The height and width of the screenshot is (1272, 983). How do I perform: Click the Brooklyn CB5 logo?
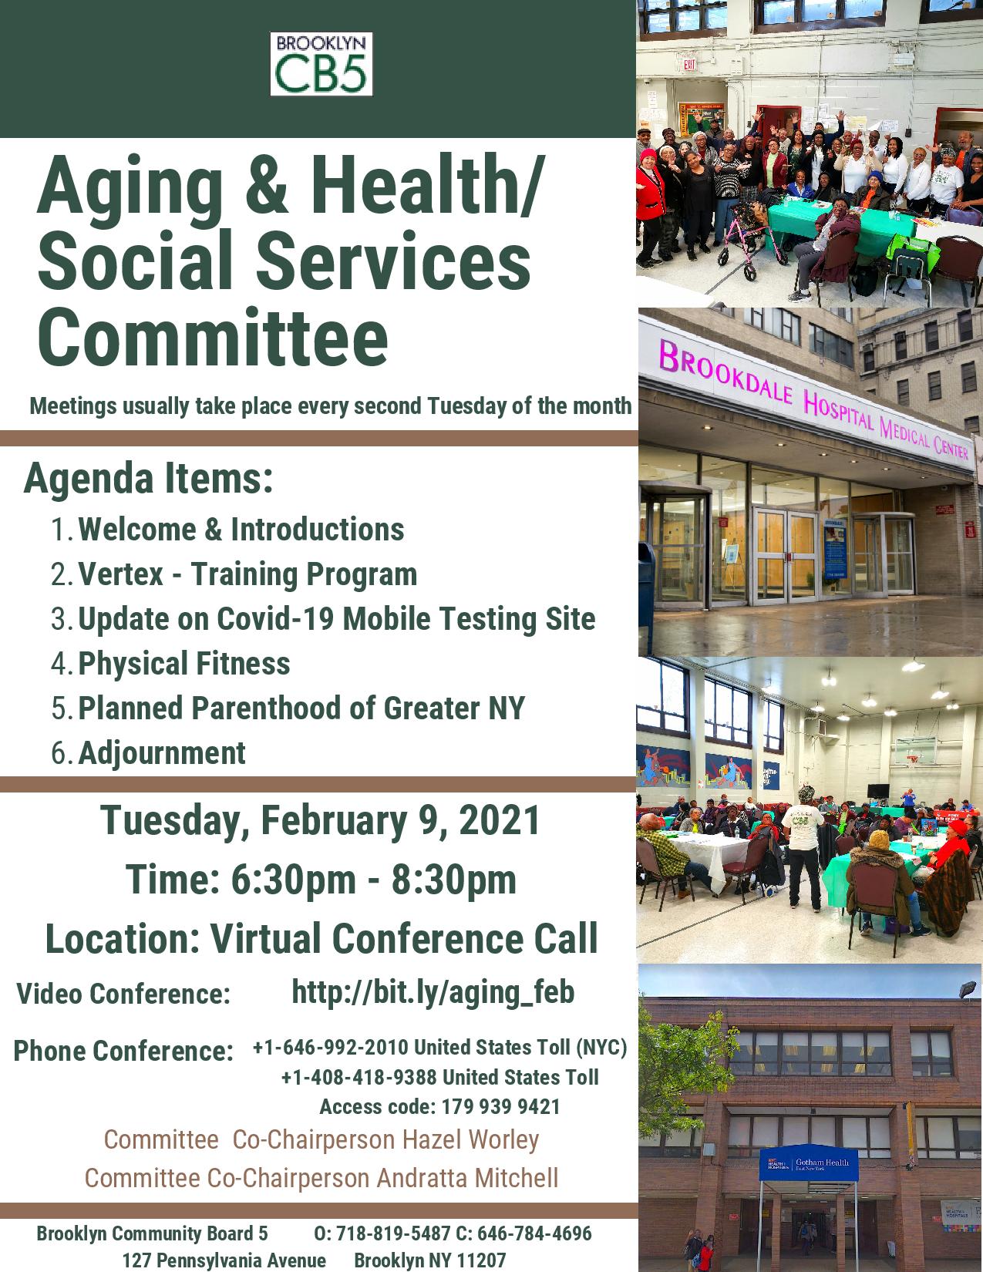(x=321, y=64)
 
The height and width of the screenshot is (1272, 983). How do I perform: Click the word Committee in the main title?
(x=213, y=338)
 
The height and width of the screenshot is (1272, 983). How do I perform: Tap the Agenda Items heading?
(x=149, y=480)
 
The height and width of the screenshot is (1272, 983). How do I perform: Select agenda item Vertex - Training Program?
(x=247, y=574)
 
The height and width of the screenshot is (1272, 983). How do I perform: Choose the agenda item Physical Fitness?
(x=184, y=663)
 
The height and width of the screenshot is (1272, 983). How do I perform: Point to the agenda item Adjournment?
(x=162, y=752)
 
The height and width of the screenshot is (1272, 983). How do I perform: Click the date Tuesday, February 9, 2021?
(x=320, y=820)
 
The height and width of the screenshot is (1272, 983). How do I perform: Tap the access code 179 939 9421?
(x=501, y=1106)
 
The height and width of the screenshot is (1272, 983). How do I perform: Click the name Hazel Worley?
(x=471, y=1139)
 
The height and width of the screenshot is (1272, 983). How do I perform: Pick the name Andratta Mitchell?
(x=467, y=1178)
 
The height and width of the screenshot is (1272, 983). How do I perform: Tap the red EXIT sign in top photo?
(x=689, y=64)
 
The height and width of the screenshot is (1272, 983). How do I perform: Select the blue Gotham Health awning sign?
(x=809, y=1163)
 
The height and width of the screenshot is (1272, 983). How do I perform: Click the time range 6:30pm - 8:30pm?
(x=321, y=879)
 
